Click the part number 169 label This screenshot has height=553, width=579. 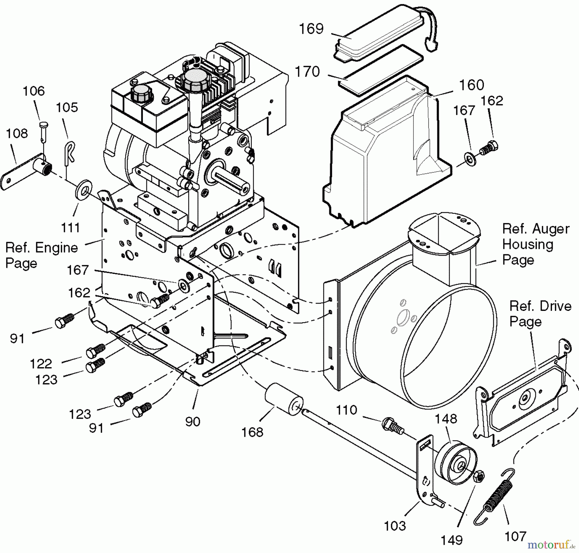[311, 29]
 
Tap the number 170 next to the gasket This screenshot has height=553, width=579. [307, 72]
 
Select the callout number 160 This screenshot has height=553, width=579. [471, 85]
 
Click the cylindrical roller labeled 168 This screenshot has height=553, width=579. [283, 400]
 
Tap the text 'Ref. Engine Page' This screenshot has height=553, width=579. [41, 256]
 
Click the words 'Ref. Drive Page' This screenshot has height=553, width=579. [540, 313]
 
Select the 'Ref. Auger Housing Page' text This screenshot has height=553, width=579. [535, 244]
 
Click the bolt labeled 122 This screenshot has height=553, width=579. [96, 351]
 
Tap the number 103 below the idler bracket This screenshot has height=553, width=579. [395, 526]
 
